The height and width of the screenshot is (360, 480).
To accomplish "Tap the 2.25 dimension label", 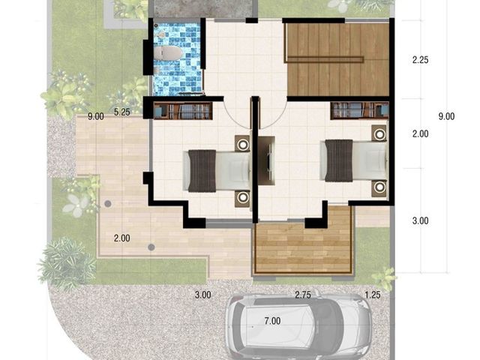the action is click(420, 60).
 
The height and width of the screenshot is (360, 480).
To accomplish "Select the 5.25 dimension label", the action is click(122, 112).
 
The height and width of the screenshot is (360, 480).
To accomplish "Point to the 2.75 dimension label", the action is click(303, 295).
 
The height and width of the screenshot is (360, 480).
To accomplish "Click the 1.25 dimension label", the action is click(373, 295).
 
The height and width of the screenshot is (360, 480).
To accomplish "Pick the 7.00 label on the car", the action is click(272, 321).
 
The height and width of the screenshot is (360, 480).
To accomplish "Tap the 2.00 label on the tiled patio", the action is click(121, 238).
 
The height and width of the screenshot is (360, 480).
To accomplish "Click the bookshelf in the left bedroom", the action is click(183, 111).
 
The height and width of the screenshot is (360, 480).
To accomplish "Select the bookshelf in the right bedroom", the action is click(360, 111).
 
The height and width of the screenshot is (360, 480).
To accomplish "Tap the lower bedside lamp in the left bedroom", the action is click(243, 198).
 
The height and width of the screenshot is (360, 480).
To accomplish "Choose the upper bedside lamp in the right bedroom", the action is click(380, 133).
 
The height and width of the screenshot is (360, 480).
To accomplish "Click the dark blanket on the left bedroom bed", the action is click(202, 171).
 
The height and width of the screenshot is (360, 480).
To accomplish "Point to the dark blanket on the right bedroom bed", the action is click(339, 160).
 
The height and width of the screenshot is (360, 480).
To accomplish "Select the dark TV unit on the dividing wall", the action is click(266, 160).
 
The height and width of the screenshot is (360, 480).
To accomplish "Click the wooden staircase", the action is click(337, 60).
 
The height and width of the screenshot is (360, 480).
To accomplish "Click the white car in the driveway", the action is click(298, 327).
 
